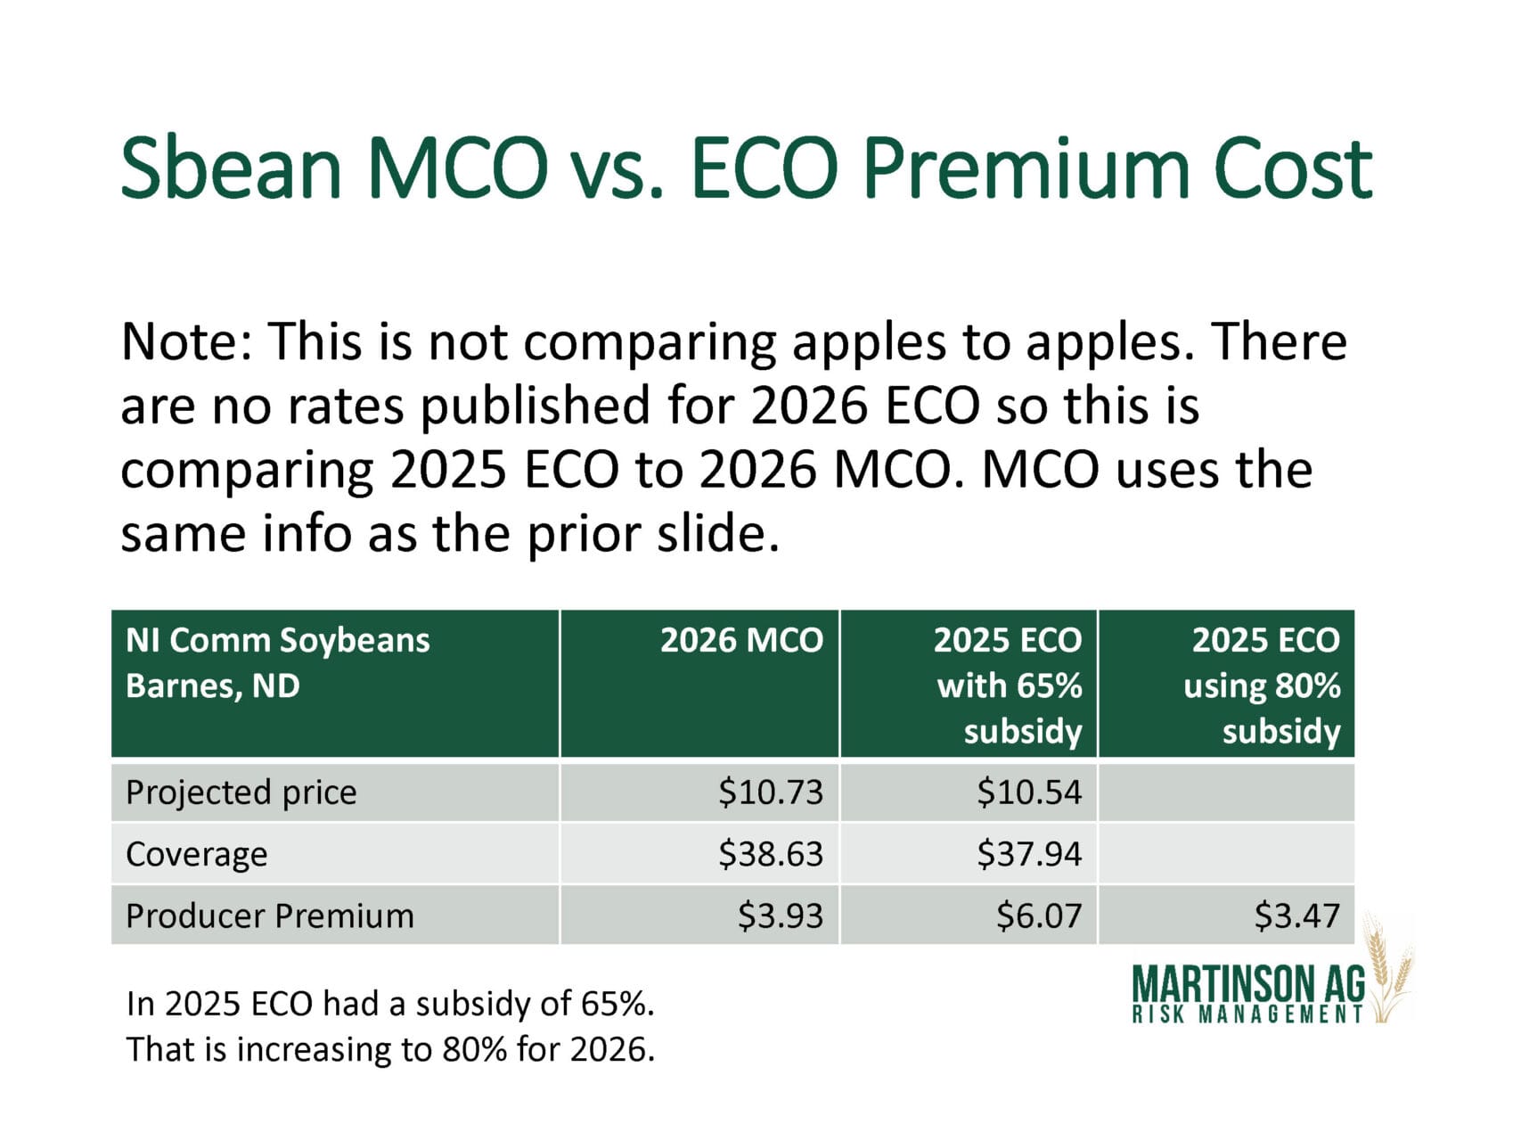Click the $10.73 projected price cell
coord(770,792)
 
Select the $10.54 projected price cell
coord(1028,792)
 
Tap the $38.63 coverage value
coord(770,854)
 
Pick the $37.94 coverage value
coord(1028,854)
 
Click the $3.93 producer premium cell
coord(780,915)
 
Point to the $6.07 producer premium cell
coord(1038,915)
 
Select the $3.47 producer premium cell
coord(1296,915)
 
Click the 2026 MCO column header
coord(741,640)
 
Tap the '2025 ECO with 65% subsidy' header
coord(1009,685)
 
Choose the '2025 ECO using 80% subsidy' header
coord(1263,685)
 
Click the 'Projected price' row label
coord(241,792)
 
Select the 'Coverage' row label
coord(197,854)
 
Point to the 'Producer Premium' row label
coord(270,915)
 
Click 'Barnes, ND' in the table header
coord(213,685)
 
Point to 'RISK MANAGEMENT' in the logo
coord(1247,1014)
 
